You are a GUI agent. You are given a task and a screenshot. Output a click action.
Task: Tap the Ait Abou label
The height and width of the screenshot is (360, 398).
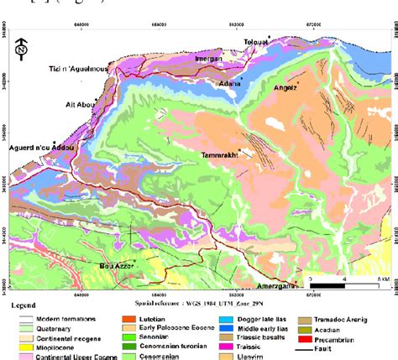point(76,103)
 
